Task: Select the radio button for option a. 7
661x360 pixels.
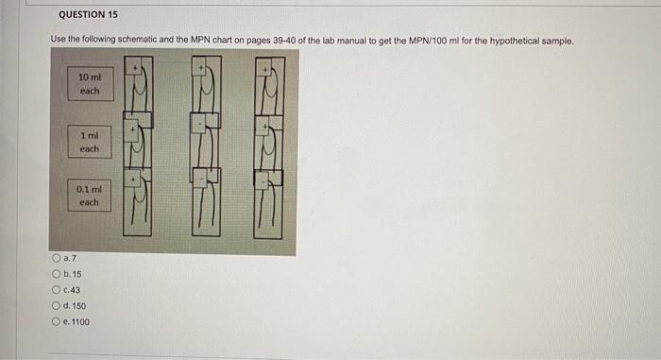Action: (x=58, y=258)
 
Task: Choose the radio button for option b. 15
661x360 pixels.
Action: (x=58, y=274)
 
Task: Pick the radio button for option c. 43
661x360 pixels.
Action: (x=58, y=289)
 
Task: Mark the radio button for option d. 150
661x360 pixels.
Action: (x=58, y=305)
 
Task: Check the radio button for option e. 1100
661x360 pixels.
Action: (x=58, y=321)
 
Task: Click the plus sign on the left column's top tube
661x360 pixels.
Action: (x=136, y=69)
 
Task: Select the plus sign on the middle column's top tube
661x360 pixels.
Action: (x=199, y=69)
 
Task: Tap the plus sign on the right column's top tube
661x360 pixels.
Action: (x=266, y=69)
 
